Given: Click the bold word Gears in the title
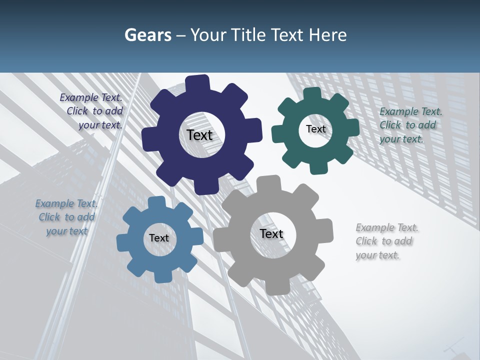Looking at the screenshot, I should click(x=147, y=35).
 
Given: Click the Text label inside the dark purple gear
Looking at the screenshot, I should click(x=199, y=135).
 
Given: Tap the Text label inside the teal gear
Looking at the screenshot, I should click(x=315, y=129).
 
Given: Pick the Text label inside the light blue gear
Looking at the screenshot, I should click(x=159, y=238).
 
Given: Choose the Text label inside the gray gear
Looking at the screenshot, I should click(x=271, y=234).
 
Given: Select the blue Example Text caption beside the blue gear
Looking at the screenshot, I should click(x=66, y=217).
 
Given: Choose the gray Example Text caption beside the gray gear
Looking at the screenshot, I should click(x=385, y=241).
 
